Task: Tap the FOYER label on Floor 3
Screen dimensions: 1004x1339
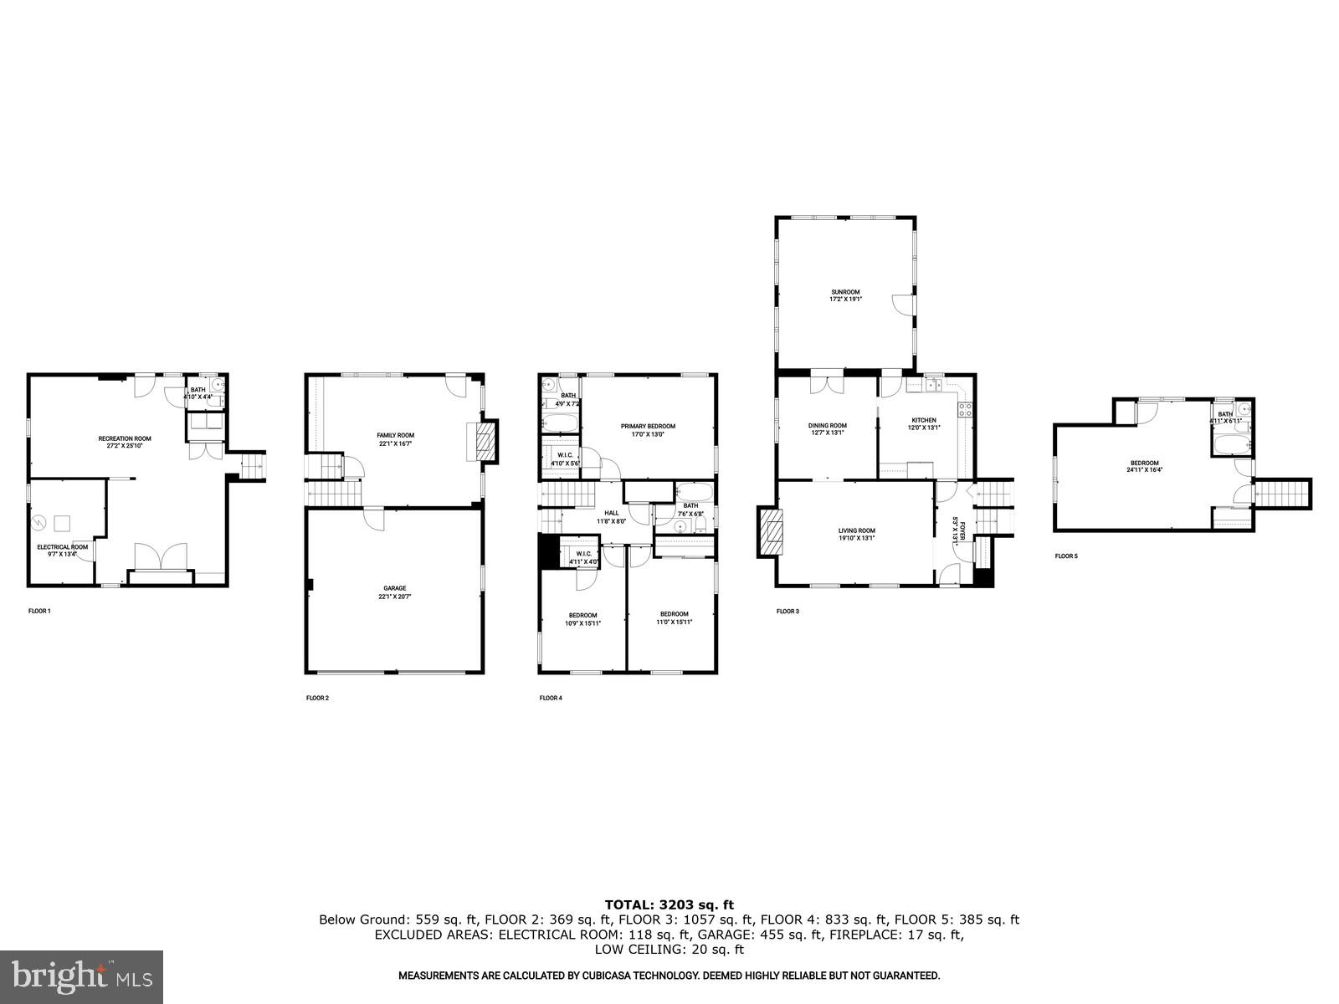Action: (x=959, y=533)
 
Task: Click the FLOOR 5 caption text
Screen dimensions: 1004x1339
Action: (x=1065, y=556)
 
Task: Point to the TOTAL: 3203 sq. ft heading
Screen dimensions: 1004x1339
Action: (x=669, y=904)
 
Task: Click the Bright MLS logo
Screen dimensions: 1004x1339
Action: (x=81, y=976)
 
